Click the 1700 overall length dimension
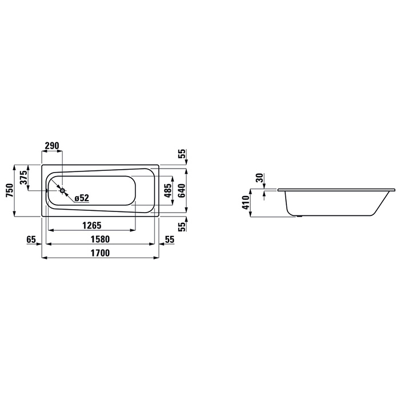100,253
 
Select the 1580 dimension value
100,239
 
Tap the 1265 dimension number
92,225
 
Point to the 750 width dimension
10,190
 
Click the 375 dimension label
23,177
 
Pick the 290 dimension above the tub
52,145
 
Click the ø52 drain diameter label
82,198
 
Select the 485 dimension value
168,190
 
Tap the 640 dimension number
182,190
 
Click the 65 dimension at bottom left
31,239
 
